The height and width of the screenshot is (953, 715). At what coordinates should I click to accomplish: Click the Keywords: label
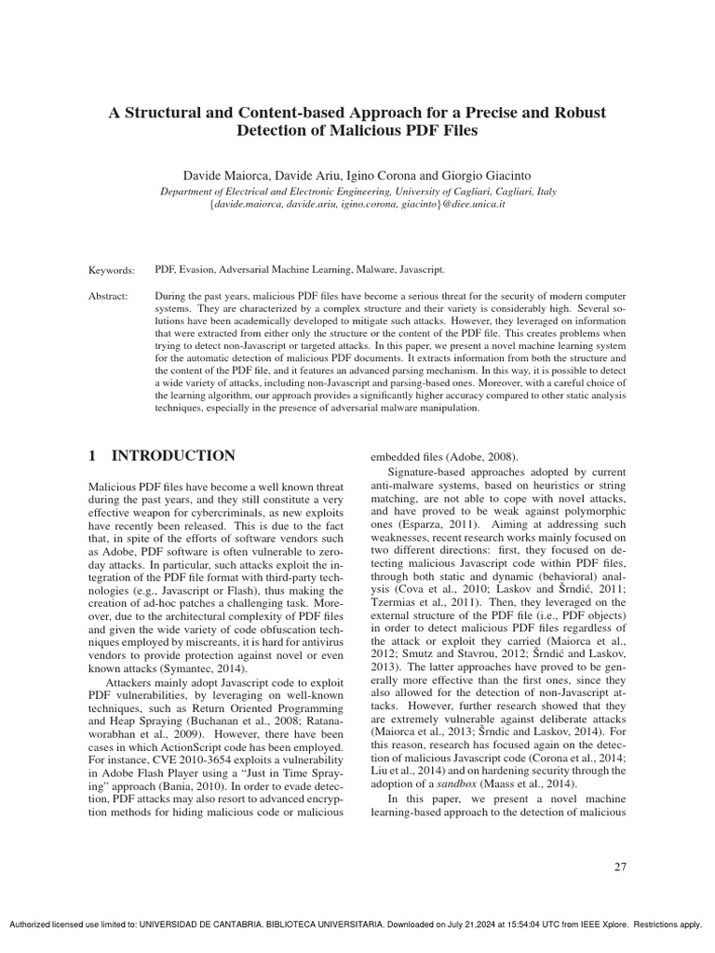[112, 269]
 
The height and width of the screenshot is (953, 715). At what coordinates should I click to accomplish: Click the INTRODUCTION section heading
[173, 456]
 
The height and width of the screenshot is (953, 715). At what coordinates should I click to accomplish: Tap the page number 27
[620, 867]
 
